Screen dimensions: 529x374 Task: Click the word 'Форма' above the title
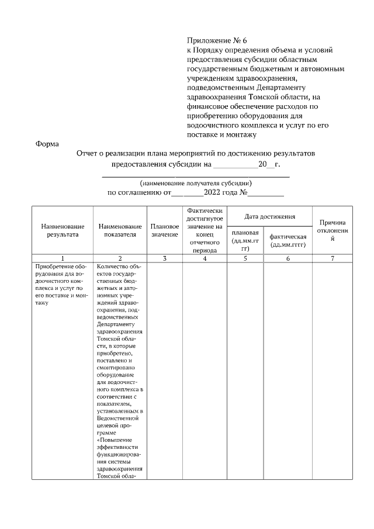click(47, 143)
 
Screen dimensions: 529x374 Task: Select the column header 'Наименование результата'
click(63, 230)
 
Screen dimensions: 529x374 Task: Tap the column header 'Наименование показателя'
click(120, 230)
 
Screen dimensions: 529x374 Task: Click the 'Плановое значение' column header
click(165, 230)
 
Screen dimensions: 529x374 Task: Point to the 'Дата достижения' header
click(269, 217)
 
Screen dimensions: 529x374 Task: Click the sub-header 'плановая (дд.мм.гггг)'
click(245, 240)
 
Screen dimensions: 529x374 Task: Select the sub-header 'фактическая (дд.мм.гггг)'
click(288, 240)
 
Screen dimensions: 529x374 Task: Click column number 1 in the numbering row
click(63, 258)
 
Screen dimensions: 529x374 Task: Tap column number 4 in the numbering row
click(205, 258)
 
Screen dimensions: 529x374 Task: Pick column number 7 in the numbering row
click(333, 258)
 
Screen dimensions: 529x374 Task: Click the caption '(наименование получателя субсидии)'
click(196, 183)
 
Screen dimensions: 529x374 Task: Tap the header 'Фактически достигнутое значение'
click(205, 230)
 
